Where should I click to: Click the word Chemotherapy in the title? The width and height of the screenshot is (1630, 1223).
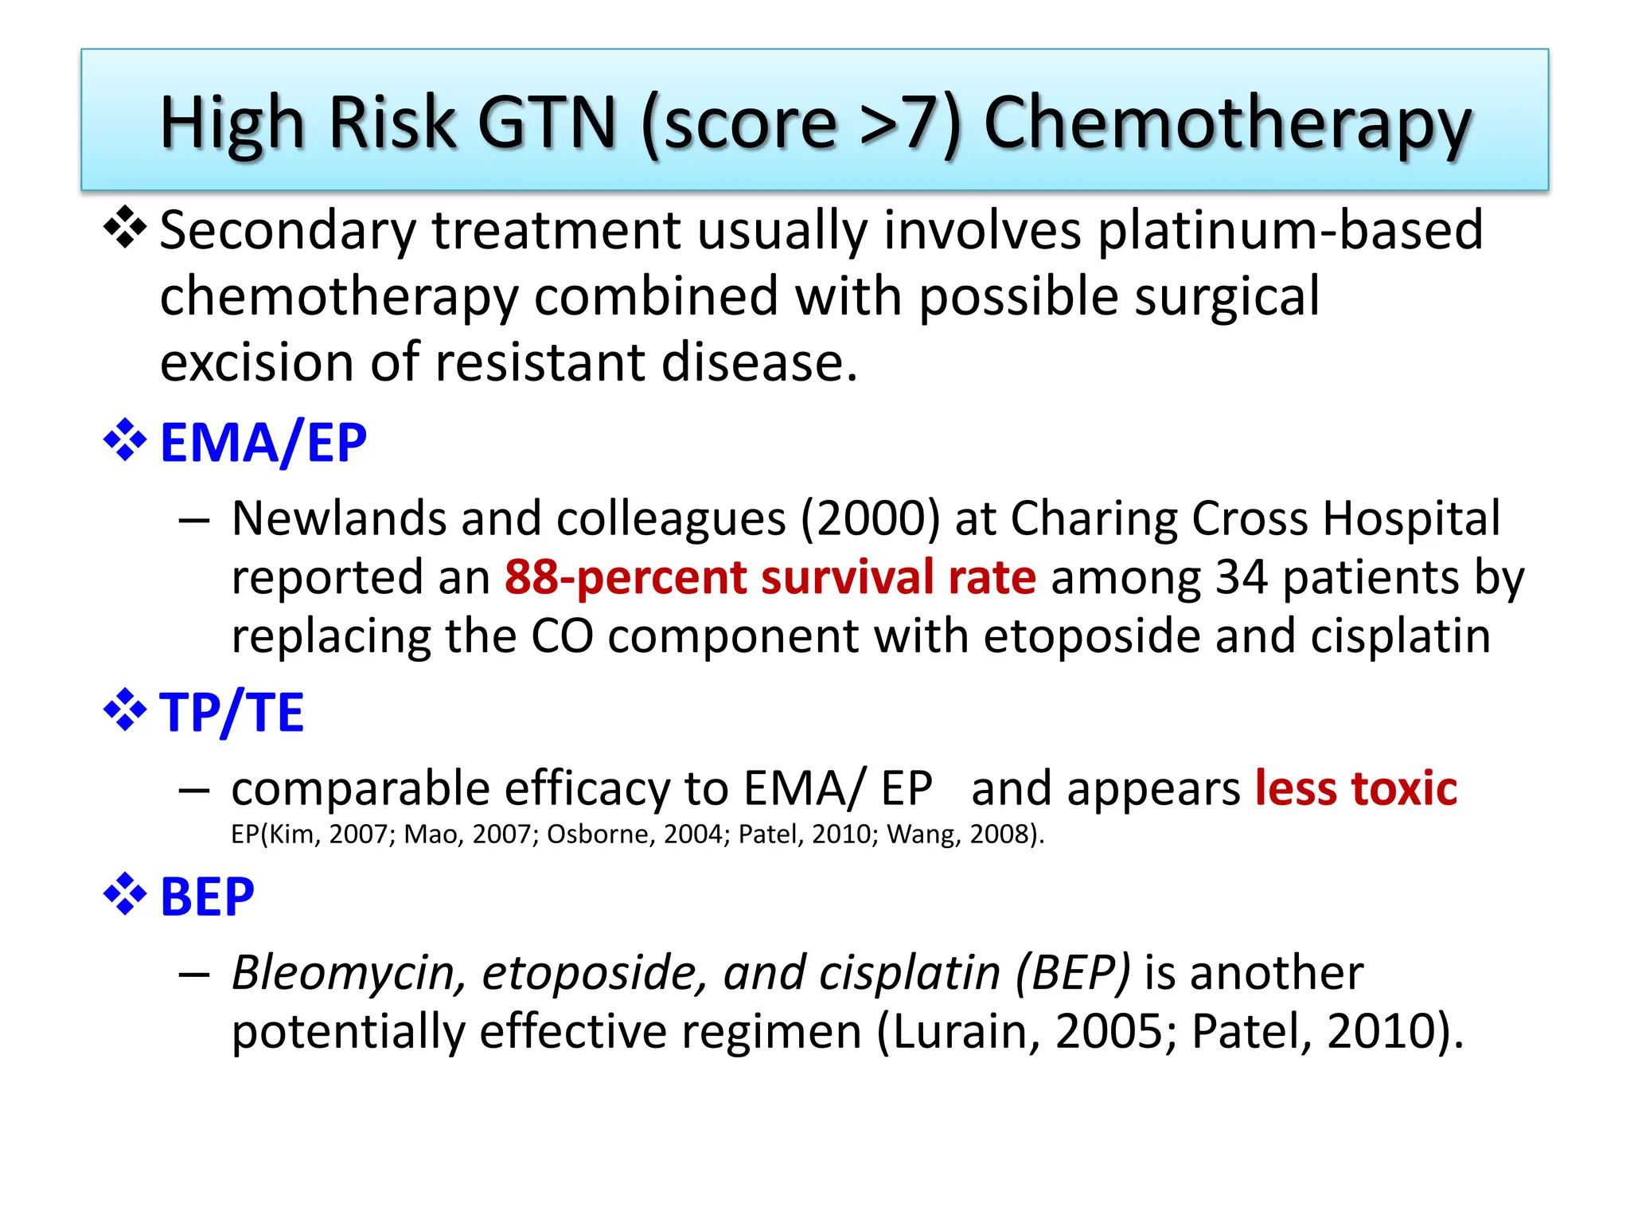pos(1227,123)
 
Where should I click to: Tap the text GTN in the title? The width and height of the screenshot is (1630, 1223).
pos(547,123)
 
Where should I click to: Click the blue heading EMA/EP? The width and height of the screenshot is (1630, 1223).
pos(263,443)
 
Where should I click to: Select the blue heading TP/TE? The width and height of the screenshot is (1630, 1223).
pos(232,712)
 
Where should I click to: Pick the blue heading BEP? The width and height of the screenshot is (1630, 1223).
pos(207,897)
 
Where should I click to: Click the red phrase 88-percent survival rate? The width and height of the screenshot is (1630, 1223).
pos(770,577)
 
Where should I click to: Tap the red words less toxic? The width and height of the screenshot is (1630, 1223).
pos(1355,788)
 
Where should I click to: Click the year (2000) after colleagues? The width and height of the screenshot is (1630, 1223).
pos(870,518)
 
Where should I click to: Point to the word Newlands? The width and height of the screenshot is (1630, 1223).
pos(339,518)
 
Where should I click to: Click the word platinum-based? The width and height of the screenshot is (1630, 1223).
pos(1289,230)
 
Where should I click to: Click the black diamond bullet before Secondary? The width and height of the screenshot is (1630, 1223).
pos(125,228)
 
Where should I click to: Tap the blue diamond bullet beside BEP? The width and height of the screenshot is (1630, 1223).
pos(125,894)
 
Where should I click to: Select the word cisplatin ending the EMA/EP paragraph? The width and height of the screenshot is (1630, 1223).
pos(1400,636)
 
